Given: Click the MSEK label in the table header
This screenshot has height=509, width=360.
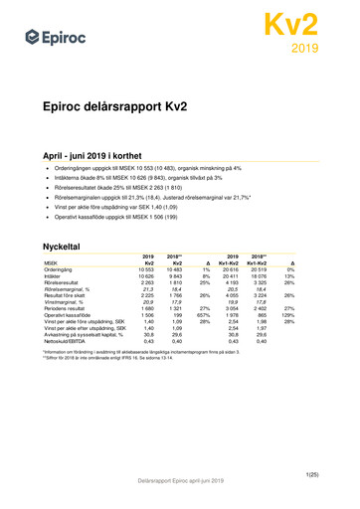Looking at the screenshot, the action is [x=70, y=261].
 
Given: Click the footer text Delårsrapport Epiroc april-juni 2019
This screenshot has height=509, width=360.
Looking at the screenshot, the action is [x=179, y=495].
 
